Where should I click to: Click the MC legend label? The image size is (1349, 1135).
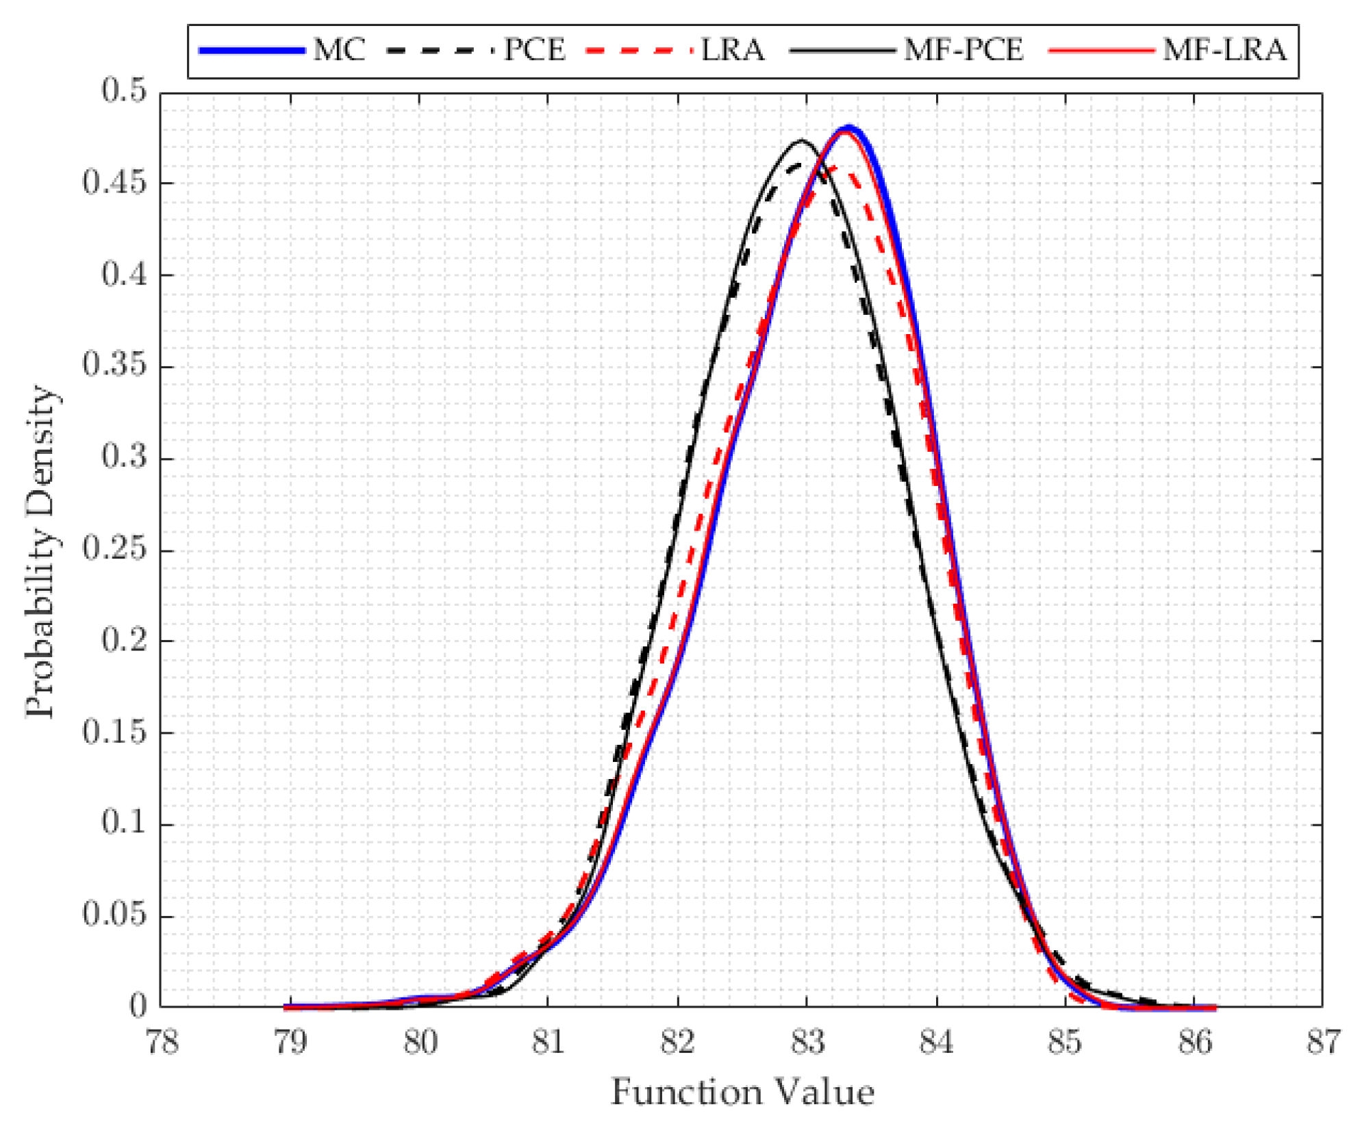click(x=339, y=51)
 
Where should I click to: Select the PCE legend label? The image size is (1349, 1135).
click(x=535, y=51)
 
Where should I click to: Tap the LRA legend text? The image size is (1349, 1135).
click(x=732, y=51)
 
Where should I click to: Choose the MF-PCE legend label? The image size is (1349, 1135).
click(x=963, y=51)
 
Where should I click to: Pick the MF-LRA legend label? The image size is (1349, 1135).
click(x=1224, y=51)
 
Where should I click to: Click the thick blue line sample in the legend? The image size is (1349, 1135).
click(x=251, y=51)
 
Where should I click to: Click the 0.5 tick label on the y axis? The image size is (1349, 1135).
click(x=125, y=91)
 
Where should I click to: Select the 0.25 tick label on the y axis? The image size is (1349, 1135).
click(x=114, y=549)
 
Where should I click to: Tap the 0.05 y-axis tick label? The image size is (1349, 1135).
click(x=114, y=915)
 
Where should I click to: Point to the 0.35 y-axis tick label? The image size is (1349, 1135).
click(x=114, y=366)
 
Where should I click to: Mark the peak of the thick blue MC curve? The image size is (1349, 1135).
click(x=849, y=128)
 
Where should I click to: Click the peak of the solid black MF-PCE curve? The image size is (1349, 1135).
click(x=800, y=141)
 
